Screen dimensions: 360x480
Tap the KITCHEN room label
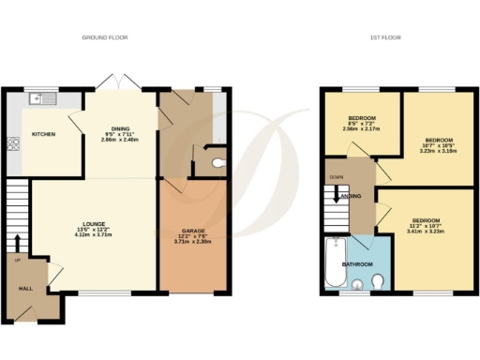pos(44,134)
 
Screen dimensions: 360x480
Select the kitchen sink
pos(43,98)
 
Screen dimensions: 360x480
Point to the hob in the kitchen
pos(15,144)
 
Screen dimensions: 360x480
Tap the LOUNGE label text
pos(92,222)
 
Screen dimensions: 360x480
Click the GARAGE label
pos(192,229)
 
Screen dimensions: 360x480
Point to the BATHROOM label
pos(357,264)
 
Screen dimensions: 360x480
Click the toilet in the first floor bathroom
pos(377,282)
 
